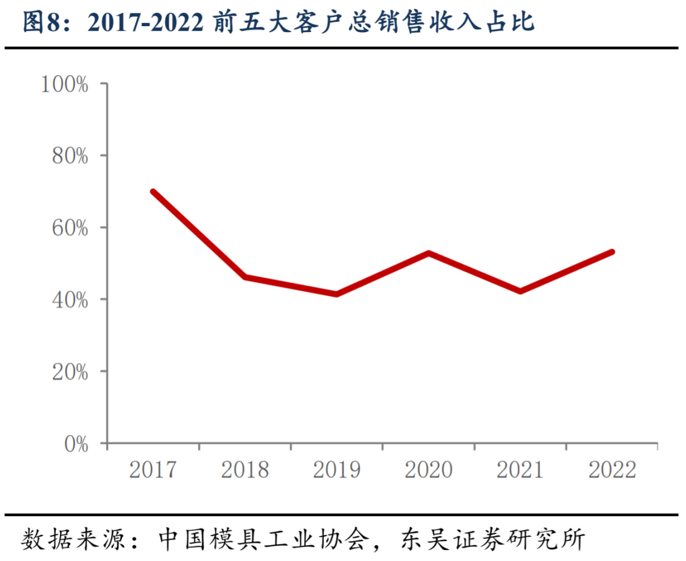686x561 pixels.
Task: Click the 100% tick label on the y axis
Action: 65,84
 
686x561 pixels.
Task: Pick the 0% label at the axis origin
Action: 76,444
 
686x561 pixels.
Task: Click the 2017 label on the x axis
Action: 153,470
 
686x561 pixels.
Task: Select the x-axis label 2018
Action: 244,470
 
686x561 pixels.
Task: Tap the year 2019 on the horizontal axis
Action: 336,470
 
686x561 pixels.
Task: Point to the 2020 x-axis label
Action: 428,470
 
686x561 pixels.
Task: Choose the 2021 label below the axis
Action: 520,470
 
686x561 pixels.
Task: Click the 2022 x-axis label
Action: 612,470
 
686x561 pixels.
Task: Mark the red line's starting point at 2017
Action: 153,192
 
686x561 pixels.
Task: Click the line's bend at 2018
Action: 244,277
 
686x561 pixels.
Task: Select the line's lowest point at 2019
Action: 336,294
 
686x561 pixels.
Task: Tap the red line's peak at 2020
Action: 428,253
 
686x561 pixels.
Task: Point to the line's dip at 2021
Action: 520,291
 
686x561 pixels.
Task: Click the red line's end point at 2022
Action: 612,252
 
